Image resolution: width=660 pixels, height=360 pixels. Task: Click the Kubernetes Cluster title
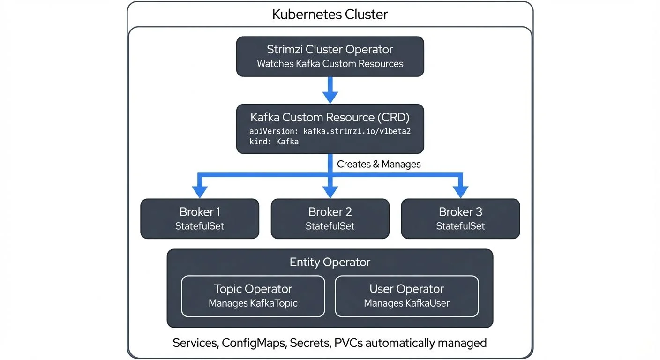tap(330, 14)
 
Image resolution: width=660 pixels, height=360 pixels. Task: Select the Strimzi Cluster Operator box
tap(330, 56)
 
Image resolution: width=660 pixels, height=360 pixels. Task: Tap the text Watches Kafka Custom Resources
tap(330, 64)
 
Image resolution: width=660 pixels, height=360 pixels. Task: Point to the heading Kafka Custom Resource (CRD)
tap(330, 117)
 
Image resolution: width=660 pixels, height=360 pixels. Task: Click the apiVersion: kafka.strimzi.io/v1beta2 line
tap(330, 131)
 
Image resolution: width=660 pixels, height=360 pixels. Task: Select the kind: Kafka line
tap(274, 142)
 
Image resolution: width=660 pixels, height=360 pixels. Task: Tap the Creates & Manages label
tap(379, 164)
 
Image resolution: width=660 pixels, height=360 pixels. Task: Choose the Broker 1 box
tap(200, 218)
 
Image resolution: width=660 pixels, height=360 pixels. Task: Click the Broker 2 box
tap(330, 218)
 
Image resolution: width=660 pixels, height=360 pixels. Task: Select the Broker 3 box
tap(460, 218)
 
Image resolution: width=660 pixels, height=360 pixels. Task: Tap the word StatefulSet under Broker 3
tap(460, 226)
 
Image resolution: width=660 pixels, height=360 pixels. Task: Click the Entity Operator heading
tap(330, 262)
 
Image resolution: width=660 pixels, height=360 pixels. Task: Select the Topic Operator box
tap(253, 296)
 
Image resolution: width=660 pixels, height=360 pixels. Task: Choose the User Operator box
tap(406, 296)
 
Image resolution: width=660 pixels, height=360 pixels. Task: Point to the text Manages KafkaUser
tap(406, 303)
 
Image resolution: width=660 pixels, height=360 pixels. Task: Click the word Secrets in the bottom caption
tap(310, 343)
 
